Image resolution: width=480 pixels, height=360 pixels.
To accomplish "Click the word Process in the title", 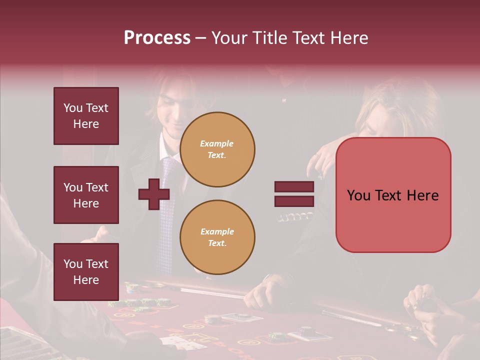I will click(x=157, y=38).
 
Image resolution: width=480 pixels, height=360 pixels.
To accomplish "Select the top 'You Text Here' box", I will click(x=86, y=116).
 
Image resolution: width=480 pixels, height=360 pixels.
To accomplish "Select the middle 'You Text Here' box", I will click(x=86, y=195).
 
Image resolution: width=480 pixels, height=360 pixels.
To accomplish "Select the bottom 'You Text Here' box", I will click(x=86, y=272).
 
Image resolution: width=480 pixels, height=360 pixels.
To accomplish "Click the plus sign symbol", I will click(x=154, y=194).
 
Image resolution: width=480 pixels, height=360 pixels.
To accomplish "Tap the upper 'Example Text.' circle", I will click(x=217, y=149).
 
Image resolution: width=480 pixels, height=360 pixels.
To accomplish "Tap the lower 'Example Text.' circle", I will click(x=217, y=237).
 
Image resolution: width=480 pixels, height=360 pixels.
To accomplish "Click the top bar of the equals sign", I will click(x=294, y=187).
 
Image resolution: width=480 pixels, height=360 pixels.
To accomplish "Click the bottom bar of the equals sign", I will click(x=294, y=201).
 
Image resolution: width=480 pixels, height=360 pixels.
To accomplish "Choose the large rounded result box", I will click(x=393, y=195).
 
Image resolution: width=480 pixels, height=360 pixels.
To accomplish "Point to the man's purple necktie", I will click(x=167, y=200).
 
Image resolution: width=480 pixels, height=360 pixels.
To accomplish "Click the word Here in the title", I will click(x=348, y=38).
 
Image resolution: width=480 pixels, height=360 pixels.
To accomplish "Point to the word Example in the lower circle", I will click(x=217, y=231).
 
